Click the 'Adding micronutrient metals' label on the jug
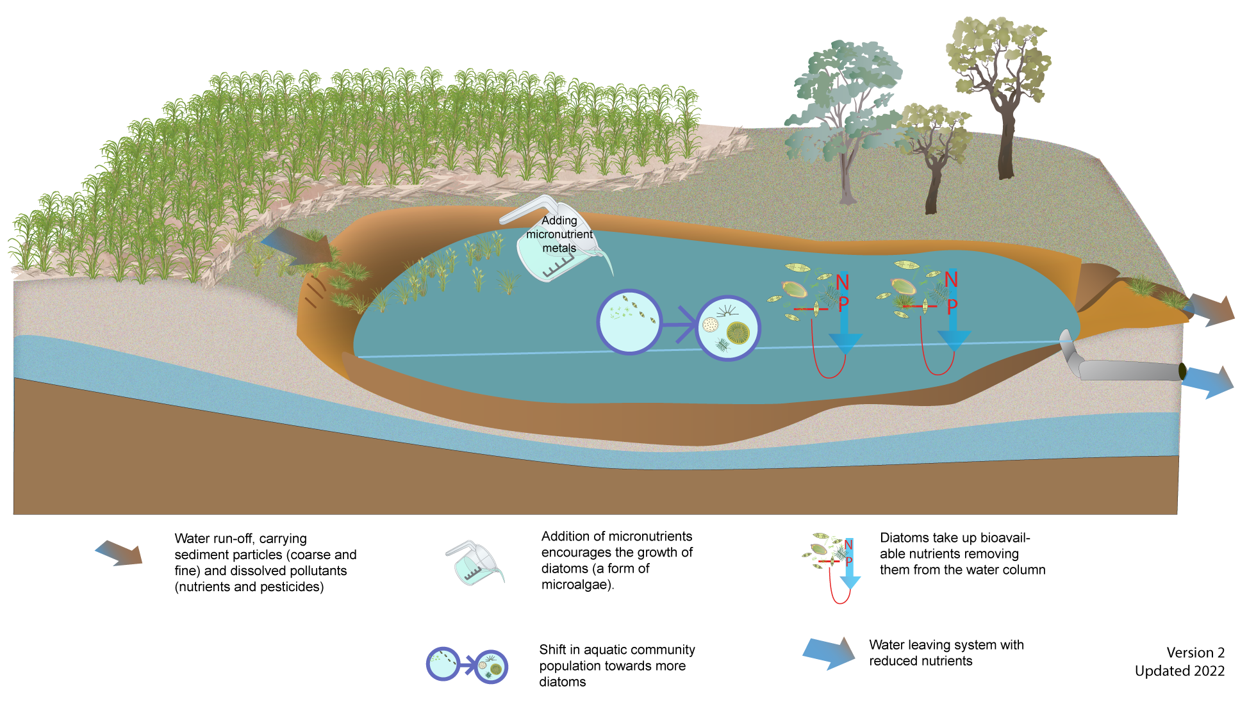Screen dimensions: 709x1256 [x=559, y=234]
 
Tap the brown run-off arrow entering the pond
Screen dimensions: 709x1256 [x=297, y=247]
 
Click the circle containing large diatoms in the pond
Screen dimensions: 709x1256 [x=728, y=328]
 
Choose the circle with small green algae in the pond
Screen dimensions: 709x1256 [x=629, y=322]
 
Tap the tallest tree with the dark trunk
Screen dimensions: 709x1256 [x=1000, y=83]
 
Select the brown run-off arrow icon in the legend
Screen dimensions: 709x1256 [x=119, y=553]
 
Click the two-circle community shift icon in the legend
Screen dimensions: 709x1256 [x=467, y=665]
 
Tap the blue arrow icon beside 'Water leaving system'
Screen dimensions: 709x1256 [x=829, y=653]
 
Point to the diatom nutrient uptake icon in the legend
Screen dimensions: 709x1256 [x=832, y=564]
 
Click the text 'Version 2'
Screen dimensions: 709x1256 [x=1195, y=653]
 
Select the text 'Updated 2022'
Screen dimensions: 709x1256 [x=1179, y=671]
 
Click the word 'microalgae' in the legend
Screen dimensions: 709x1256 [x=576, y=585]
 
